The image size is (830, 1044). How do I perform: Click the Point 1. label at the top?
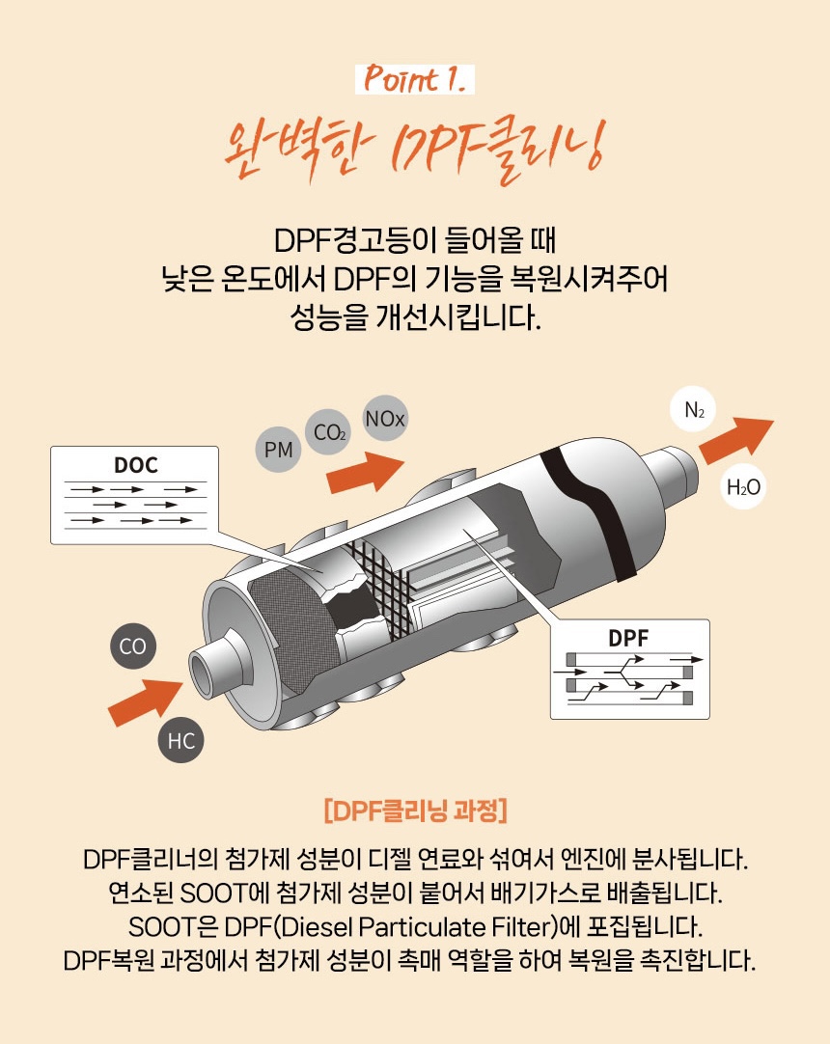[414, 79]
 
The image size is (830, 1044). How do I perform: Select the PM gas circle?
[279, 450]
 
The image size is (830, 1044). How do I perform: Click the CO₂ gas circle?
[328, 432]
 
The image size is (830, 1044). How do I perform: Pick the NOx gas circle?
[385, 418]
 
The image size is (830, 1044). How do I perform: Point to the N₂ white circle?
[694, 409]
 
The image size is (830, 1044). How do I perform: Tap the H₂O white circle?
[743, 486]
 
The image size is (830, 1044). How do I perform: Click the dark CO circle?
[132, 646]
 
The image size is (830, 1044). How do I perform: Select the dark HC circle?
[180, 740]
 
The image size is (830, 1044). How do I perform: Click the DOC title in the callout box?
[135, 465]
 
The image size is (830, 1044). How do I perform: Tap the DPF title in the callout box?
[628, 639]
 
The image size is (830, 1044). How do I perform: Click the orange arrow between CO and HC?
[146, 701]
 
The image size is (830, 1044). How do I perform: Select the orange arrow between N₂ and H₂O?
[736, 440]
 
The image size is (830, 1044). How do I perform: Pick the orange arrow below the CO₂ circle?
[365, 472]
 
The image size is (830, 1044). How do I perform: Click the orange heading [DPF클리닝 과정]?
[415, 810]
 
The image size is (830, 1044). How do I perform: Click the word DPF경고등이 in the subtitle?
[355, 240]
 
